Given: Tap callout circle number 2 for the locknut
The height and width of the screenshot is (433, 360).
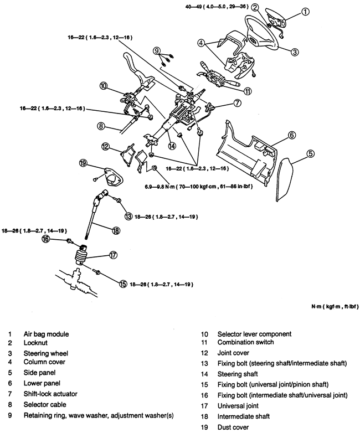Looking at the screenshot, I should click(255, 8).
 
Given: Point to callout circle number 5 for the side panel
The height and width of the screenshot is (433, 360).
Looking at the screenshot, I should click(311, 153).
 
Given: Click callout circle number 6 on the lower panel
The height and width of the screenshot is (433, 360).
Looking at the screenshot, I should click(292, 135).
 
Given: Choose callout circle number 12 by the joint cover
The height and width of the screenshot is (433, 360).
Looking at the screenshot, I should click(105, 146).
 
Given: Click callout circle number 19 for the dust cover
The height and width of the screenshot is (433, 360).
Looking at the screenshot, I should click(83, 163).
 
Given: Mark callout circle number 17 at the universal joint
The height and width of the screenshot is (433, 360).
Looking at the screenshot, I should click(113, 255).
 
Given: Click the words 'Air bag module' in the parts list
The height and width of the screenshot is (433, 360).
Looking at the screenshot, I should click(47, 334).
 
